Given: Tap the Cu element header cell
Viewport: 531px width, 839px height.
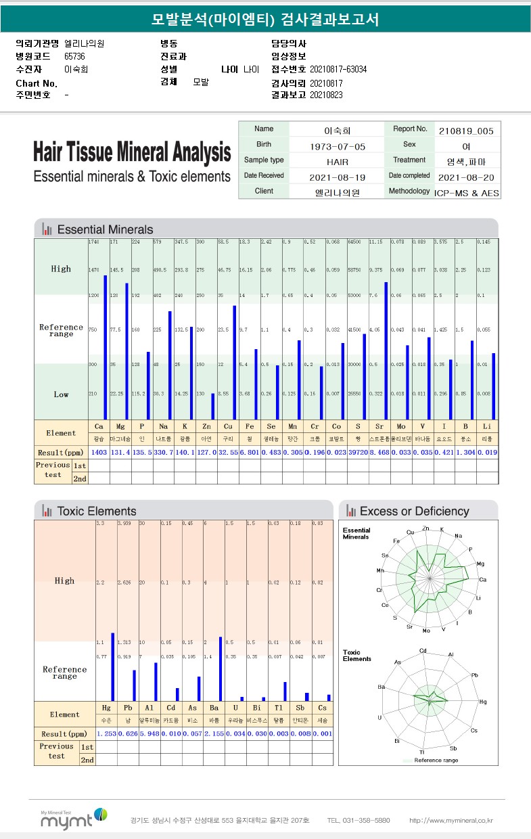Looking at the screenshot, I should (228, 427).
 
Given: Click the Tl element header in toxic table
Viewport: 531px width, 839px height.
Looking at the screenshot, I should (279, 708).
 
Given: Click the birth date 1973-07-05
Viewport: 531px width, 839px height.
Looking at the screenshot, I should (337, 146).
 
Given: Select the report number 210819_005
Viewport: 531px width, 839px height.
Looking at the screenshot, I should (465, 131).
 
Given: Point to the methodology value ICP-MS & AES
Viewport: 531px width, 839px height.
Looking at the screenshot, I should (467, 193).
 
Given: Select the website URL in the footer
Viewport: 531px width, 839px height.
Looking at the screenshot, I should (451, 821).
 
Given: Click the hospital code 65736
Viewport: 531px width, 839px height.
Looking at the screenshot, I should (75, 56).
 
